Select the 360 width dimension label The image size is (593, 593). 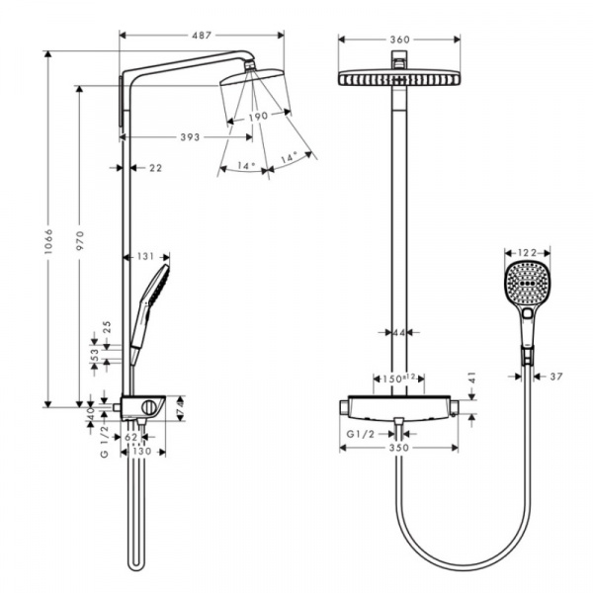399,41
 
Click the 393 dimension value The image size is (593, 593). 179,136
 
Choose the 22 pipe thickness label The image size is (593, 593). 154,168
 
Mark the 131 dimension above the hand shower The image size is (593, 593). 146,257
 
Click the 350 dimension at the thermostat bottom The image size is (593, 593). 399,448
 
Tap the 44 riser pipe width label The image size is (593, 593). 399,333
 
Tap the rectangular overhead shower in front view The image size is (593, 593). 399,77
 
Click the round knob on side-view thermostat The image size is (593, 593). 150,407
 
